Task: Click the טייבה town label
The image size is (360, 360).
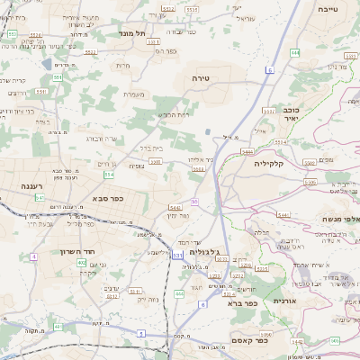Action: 328,8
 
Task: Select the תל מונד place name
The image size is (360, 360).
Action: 131,33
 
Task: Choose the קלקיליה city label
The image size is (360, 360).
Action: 269,164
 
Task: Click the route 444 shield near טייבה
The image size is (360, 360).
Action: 294,53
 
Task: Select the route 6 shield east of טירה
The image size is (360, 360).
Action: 269,69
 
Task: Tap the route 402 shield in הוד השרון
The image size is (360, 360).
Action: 81,263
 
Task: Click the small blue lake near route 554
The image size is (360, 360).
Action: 45,65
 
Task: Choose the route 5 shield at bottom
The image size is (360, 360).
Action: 141,334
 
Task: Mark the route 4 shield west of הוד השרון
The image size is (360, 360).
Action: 34,256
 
